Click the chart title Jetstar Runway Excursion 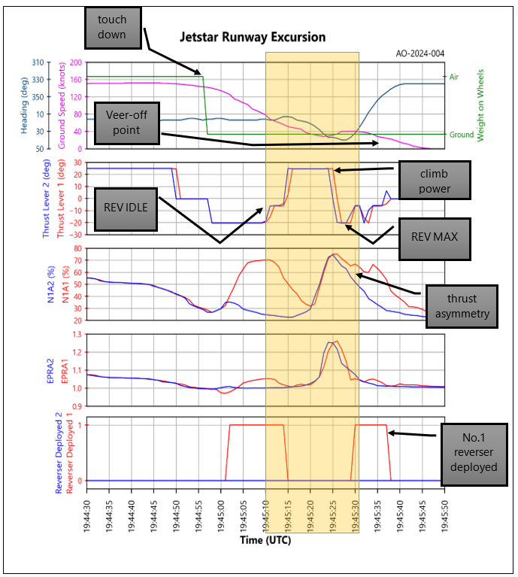click(252, 37)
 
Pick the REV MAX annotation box click(429, 235)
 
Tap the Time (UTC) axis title click(265, 540)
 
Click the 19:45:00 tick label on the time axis click(222, 511)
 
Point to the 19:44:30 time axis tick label click(88, 511)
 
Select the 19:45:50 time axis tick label click(444, 511)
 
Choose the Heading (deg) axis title click(24, 105)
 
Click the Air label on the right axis click(454, 77)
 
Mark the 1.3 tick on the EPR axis click(77, 334)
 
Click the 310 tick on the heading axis click(40, 62)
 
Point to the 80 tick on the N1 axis click(78, 248)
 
